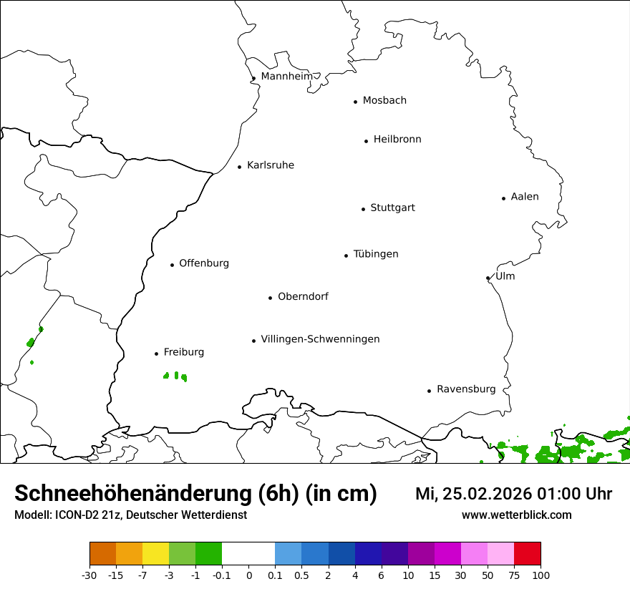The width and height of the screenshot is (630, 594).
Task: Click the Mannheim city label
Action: coord(286,77)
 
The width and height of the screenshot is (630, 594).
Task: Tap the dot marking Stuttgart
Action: coord(363,209)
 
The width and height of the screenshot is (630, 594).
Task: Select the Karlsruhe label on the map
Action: coord(271,165)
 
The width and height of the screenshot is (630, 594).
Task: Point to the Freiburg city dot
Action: coord(156,354)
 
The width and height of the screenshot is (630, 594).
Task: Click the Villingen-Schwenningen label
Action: coord(320,339)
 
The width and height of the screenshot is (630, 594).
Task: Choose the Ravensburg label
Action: coord(466,389)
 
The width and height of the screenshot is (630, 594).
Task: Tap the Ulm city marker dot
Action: coord(488,278)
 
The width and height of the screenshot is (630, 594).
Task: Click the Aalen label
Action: coord(525,197)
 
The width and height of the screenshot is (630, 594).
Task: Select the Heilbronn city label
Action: coord(397,140)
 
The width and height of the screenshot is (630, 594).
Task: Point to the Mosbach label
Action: coord(384,101)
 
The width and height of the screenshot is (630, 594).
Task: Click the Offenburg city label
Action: coord(204,263)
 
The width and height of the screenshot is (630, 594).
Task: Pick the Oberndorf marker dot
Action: coord(270,298)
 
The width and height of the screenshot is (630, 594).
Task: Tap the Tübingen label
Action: coord(376,254)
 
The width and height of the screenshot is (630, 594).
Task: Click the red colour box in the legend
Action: coord(528,554)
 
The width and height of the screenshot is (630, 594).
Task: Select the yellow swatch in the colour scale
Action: coord(155,554)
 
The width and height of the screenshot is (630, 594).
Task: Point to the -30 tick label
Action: coord(89,575)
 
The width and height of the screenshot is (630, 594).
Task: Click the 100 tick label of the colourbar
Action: coord(541,575)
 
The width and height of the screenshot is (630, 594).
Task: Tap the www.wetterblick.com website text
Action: coord(516,515)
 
